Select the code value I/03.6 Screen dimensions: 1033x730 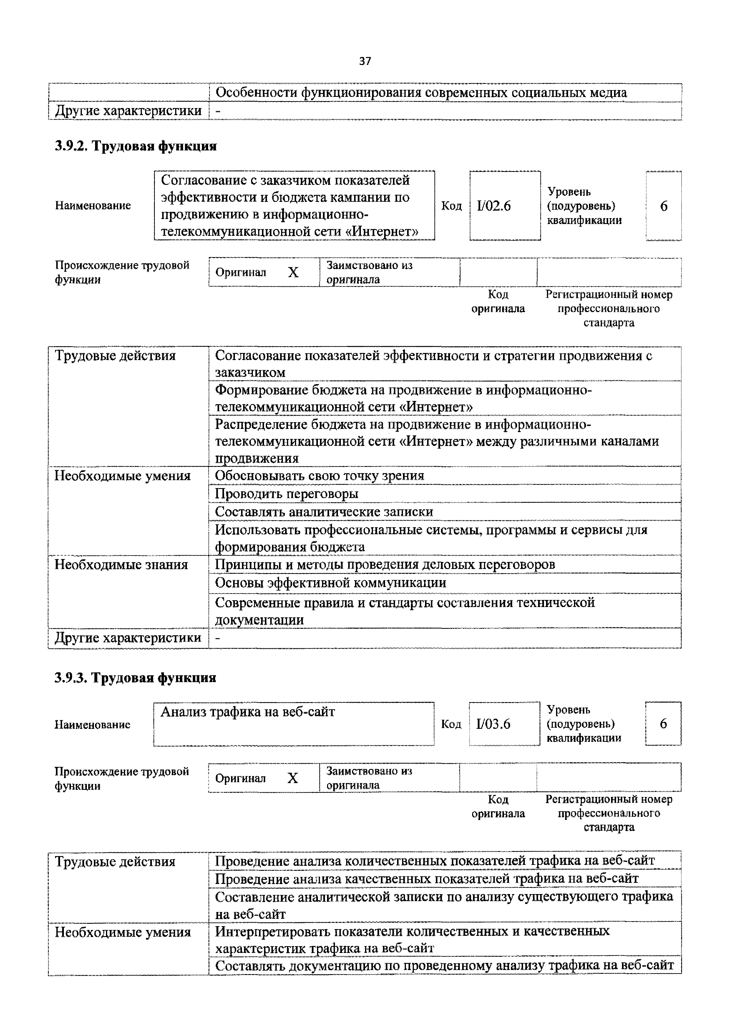pos(493,724)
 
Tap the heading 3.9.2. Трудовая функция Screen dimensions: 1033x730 pos(135,146)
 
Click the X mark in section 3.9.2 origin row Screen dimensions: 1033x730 pos(293,272)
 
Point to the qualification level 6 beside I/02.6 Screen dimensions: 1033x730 pos(663,206)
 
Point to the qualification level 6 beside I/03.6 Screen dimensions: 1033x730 pos(663,724)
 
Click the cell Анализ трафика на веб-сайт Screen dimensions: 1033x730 pos(248,712)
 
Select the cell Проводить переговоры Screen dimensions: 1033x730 pos(286,494)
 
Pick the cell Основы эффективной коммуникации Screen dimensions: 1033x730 pos(331,583)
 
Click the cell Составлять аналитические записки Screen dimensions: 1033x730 pos(324,512)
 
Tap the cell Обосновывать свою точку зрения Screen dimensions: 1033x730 pos(319,475)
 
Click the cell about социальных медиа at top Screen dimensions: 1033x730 pos(421,93)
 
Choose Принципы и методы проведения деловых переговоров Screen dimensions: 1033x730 pos(384,564)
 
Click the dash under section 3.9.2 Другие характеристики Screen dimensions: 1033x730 pos(218,638)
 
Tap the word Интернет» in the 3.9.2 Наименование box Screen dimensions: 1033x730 pos(384,232)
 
